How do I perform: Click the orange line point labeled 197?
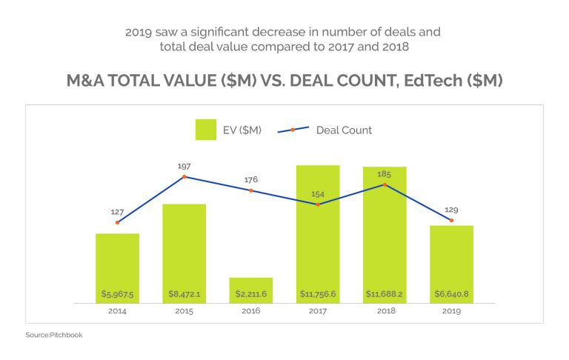184,176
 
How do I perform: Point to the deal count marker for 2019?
450,220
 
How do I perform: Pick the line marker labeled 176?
250,190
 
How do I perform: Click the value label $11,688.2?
384,294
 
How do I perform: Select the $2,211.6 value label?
250,294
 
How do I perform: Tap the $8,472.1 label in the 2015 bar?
184,294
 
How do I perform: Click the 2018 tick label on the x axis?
384,312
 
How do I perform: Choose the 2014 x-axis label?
117,312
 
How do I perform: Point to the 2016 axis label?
250,312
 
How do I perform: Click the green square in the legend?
205,130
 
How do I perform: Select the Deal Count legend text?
344,130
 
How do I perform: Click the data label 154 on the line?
317,193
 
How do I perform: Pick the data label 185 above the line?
384,173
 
